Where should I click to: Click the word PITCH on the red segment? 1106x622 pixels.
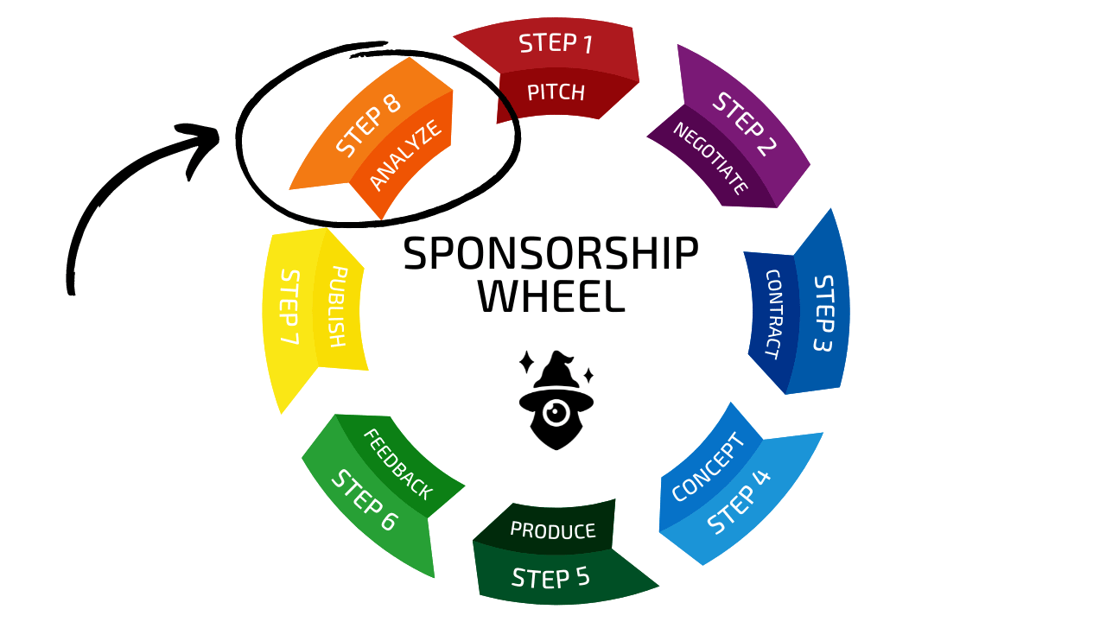[556, 92]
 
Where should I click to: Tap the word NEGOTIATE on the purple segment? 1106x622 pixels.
[710, 158]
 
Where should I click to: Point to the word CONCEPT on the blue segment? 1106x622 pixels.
[708, 467]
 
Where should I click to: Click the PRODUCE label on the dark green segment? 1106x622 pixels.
[553, 530]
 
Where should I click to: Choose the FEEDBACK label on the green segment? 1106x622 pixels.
[398, 465]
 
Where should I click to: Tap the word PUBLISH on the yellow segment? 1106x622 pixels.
[338, 307]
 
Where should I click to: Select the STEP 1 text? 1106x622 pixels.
[556, 43]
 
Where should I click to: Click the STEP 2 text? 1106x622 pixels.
[745, 124]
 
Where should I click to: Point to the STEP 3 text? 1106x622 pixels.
[823, 314]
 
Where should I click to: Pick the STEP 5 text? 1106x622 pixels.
[550, 577]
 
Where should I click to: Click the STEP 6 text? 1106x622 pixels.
[364, 500]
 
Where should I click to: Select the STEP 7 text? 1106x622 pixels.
[289, 307]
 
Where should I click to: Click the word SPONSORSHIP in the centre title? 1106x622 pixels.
[551, 253]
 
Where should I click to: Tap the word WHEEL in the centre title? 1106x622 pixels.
[551, 296]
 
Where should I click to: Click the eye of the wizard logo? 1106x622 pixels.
[556, 411]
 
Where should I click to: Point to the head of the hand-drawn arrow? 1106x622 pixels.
[201, 143]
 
